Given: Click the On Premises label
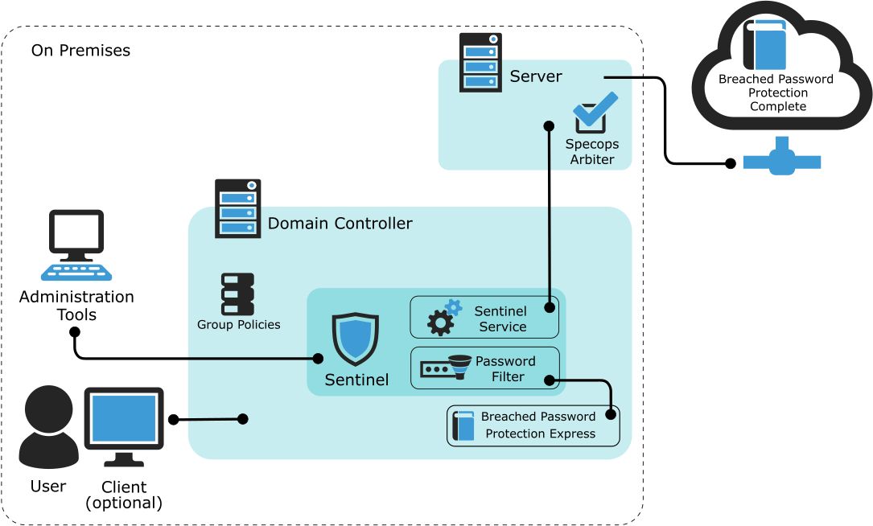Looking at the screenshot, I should (x=80, y=51).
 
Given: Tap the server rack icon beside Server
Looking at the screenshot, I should (x=480, y=63).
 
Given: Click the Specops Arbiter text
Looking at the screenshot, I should (x=591, y=151).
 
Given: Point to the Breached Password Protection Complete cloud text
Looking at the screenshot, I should (x=776, y=92).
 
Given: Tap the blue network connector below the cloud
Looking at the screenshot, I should (x=781, y=159).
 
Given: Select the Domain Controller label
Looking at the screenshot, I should (x=340, y=224).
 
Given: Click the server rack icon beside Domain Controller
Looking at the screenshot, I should (x=238, y=209).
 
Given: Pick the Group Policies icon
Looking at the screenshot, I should (x=237, y=294).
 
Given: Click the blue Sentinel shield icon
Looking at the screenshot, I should (x=356, y=339).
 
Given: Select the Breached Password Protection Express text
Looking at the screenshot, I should (x=538, y=425).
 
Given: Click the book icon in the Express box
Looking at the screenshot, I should (x=463, y=425).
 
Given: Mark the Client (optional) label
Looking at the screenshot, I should (x=124, y=495).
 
